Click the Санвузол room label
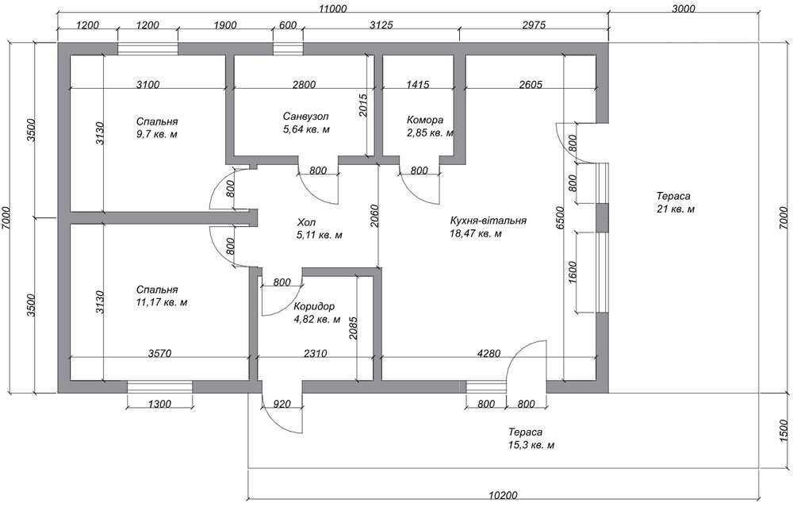click(x=305, y=117)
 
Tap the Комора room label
click(x=425, y=121)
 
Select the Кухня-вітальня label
click(x=488, y=221)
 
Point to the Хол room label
click(x=307, y=223)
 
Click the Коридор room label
click(x=314, y=306)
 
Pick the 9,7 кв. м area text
click(x=156, y=135)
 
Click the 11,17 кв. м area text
click(x=162, y=302)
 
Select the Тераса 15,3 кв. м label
click(x=531, y=439)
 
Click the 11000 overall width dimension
click(x=333, y=9)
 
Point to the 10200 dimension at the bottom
click(x=504, y=495)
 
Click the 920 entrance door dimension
click(x=282, y=404)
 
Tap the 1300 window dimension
click(x=159, y=404)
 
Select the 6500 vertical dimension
click(x=559, y=218)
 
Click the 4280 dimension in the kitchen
click(x=488, y=354)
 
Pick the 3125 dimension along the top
click(x=381, y=25)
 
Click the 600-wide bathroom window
click(x=289, y=49)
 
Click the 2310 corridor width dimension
click(x=315, y=354)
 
